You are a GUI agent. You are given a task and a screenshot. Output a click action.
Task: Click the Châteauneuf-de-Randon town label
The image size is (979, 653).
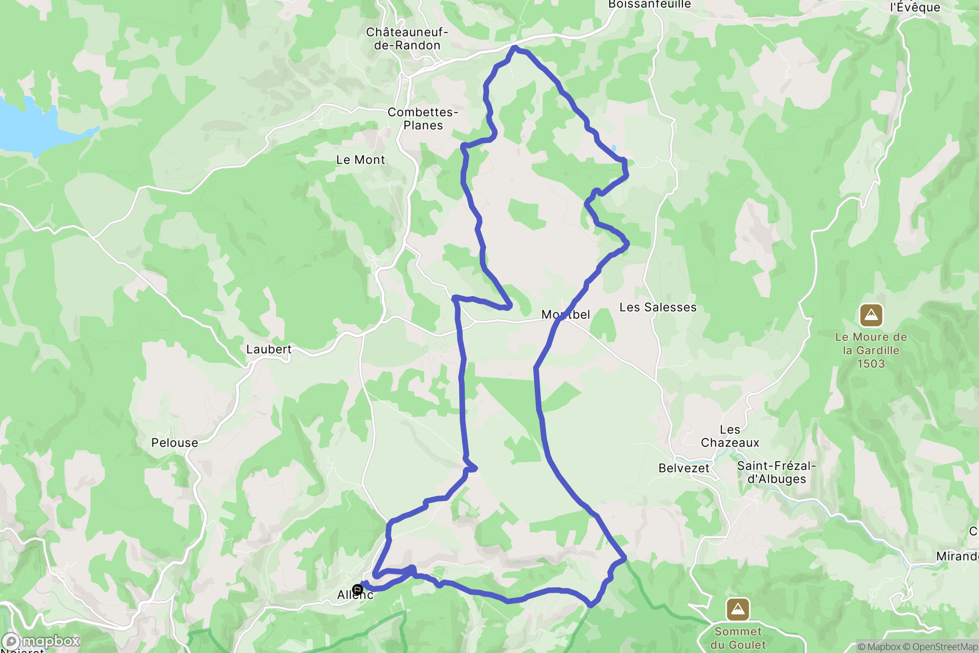[407, 39]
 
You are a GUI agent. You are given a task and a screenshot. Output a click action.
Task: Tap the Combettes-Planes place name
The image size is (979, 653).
[423, 119]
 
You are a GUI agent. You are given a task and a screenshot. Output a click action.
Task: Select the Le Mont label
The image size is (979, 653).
[360, 160]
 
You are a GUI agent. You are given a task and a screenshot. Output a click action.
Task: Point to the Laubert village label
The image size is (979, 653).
[269, 349]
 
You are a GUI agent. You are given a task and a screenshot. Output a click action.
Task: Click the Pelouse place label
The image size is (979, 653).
[174, 443]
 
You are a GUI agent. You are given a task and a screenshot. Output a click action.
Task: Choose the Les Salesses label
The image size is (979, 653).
[658, 307]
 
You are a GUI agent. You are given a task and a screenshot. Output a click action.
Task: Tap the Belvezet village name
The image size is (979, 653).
[683, 468]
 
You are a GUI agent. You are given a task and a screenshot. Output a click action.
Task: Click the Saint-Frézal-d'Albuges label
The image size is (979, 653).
[776, 472]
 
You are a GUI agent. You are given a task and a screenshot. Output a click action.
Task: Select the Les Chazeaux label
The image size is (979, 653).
[730, 436]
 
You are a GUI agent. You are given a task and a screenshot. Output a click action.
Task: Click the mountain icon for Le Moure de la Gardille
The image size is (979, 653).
[871, 316]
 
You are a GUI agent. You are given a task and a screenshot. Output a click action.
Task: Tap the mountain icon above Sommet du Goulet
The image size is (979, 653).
[738, 609]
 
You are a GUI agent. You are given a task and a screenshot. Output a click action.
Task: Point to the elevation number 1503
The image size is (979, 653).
[871, 364]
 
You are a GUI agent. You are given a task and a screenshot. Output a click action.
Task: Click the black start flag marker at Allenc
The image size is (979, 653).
[358, 589]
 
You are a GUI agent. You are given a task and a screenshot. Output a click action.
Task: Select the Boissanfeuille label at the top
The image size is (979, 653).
[649, 4]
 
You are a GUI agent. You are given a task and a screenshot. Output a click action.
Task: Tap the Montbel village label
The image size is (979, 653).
[565, 315]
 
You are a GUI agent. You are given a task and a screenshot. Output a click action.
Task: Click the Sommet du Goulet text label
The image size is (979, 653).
[738, 638]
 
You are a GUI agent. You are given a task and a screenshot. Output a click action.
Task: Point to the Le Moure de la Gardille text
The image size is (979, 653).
[871, 343]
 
